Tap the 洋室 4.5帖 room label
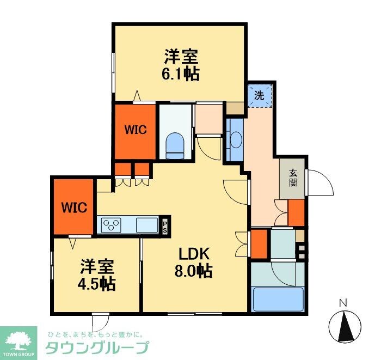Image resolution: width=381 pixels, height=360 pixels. (98, 275)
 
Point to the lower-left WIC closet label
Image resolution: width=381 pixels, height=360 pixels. (73, 207)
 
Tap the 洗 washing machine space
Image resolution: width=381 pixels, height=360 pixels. (260, 96)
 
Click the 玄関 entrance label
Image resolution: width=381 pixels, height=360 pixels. (293, 178)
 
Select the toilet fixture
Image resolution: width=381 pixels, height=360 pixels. (175, 144)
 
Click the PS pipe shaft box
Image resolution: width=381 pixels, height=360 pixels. (164, 225)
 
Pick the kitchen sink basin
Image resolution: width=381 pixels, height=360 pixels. (146, 224)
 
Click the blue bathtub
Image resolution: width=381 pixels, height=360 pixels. (278, 299)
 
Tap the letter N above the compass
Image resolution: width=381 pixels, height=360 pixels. (343, 303)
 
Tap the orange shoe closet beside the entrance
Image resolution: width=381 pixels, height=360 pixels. (296, 213)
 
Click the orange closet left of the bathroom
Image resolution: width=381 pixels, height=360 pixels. (259, 243)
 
